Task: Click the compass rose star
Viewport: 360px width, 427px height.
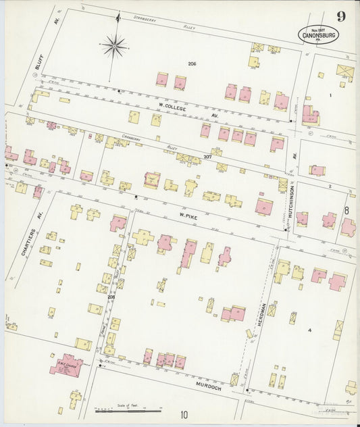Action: pos(115,46)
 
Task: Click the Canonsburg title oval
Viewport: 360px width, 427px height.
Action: pos(318,34)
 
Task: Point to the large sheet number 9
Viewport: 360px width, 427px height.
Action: pos(342,17)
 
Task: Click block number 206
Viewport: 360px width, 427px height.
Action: pos(192,64)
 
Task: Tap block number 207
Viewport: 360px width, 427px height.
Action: pos(207,157)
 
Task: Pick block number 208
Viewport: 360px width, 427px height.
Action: pos(110,295)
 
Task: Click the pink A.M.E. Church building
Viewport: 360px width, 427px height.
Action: pos(66,366)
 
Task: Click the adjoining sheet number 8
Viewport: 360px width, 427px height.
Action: pos(346,210)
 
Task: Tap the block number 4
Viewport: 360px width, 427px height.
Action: pos(309,330)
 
